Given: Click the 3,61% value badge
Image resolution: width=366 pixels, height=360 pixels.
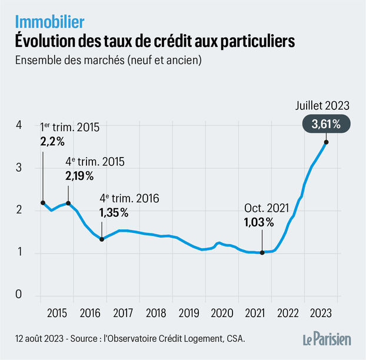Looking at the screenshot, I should pos(325,124).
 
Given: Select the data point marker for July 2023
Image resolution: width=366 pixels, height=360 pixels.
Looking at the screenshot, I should pos(326,142).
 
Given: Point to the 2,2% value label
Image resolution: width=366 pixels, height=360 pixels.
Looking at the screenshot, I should pos(52,142).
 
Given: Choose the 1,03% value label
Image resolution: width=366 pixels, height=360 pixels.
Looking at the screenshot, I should pos(258,222).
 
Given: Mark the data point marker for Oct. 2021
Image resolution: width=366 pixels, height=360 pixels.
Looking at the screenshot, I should pos(262,253).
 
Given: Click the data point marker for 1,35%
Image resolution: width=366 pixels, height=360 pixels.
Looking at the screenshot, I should pos(102,239).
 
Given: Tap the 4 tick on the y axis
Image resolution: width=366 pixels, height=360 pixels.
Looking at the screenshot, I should pos(18,125).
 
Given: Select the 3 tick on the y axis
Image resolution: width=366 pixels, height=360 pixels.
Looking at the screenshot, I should pos(18,168).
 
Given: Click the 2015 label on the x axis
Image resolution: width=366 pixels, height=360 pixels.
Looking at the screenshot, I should pos(56,312).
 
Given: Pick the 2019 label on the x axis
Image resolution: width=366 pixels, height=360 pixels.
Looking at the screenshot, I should pos(189,312).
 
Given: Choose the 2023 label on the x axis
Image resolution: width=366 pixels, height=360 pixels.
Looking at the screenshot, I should pos(320,312).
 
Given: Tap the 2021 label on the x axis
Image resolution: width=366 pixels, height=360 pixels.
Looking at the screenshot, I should pos(255,312).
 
